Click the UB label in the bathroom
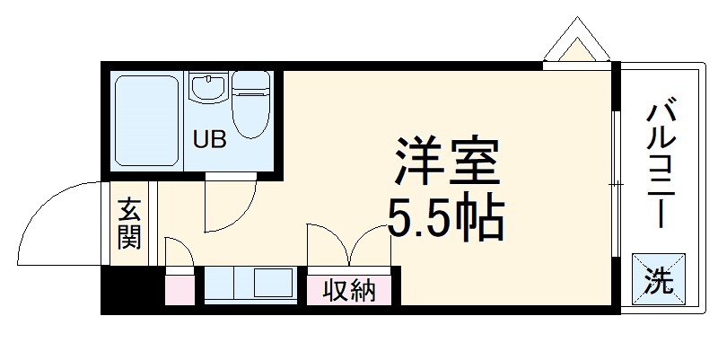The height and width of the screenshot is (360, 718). [x=212, y=139]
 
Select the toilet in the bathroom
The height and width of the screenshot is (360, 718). [x=251, y=106]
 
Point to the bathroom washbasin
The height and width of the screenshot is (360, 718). [x=208, y=89]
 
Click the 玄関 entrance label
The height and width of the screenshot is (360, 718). [x=128, y=224]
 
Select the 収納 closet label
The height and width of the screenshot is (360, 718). [x=350, y=291]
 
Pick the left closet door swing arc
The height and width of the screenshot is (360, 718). [x=328, y=242]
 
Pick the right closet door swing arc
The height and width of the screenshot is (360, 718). [x=372, y=242]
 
